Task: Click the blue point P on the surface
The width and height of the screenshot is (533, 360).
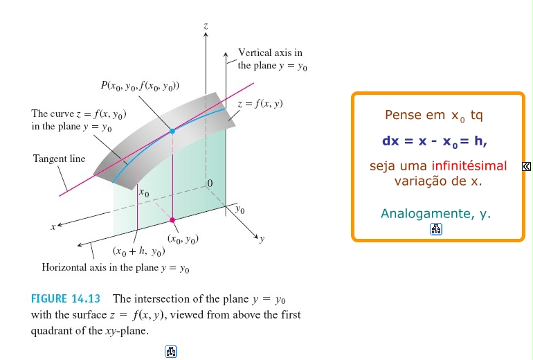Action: click(x=172, y=130)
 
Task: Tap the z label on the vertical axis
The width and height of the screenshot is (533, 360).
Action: click(x=206, y=26)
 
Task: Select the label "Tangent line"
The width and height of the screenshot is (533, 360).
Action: click(x=59, y=159)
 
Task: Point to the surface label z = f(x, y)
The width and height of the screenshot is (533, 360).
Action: click(x=260, y=104)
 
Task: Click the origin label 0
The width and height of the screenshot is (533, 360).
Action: click(x=210, y=183)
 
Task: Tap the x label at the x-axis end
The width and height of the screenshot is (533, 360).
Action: click(x=52, y=226)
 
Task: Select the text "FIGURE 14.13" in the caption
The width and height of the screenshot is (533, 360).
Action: click(x=66, y=299)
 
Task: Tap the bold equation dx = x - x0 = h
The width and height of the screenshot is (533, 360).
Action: click(x=435, y=141)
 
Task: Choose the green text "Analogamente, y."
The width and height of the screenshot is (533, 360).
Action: click(x=435, y=214)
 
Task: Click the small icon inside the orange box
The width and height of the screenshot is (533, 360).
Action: click(x=436, y=230)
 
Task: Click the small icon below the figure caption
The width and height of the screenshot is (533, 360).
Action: click(x=172, y=351)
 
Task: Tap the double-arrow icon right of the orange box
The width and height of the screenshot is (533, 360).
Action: click(x=527, y=166)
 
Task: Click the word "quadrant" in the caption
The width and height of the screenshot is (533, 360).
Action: click(x=55, y=331)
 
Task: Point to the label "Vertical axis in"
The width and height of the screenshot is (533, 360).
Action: click(x=270, y=53)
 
